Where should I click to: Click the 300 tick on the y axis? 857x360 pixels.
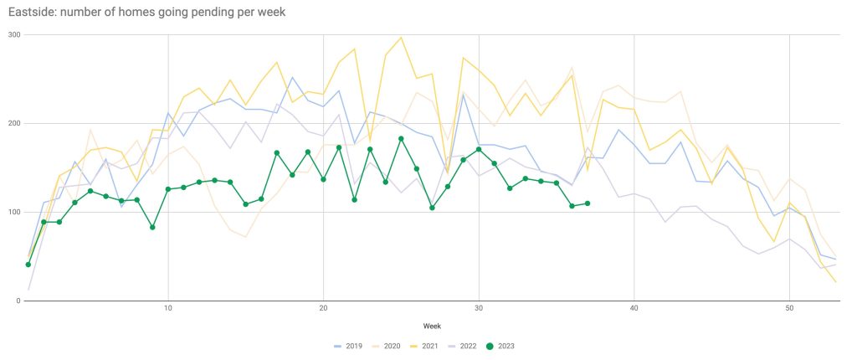click(x=13, y=34)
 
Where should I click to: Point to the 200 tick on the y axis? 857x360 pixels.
click(x=13, y=123)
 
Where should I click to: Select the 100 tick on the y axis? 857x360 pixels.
click(x=13, y=212)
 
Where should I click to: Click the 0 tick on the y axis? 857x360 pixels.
click(x=18, y=301)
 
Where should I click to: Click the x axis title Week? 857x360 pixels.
click(x=432, y=325)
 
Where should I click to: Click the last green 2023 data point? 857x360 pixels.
click(x=588, y=203)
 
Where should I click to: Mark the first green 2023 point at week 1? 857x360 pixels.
click(x=28, y=265)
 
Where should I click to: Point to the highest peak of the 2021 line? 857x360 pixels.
click(x=401, y=38)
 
